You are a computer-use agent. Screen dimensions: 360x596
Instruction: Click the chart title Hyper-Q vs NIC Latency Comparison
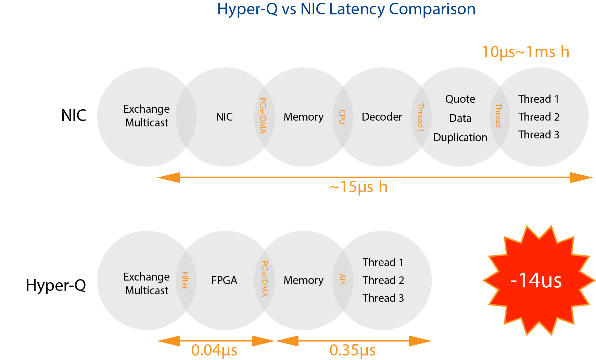tap(346, 9)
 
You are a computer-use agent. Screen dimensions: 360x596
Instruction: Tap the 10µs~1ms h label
tap(525, 52)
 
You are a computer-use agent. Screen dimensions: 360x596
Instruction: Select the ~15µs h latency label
tap(358, 187)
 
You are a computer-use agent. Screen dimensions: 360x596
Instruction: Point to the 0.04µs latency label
tap(214, 350)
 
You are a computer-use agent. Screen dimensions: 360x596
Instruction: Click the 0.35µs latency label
tap(353, 350)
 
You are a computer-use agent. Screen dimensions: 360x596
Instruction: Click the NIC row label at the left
tap(74, 115)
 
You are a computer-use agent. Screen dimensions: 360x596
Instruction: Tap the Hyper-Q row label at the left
tap(56, 285)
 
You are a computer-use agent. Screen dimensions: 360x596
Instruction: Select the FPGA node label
tap(224, 280)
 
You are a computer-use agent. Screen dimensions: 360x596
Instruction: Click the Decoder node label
tap(382, 117)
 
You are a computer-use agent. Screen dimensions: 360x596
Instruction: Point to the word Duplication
tap(460, 137)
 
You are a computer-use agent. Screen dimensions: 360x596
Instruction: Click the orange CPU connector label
tap(342, 117)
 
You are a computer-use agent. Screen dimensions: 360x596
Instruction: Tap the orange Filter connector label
tap(185, 280)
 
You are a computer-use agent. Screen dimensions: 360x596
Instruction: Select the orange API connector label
tap(342, 279)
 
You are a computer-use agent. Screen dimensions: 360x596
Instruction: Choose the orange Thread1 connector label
tap(420, 117)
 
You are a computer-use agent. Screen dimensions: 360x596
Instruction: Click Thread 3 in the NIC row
tap(538, 135)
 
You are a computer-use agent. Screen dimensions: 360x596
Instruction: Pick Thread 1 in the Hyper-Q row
tap(383, 262)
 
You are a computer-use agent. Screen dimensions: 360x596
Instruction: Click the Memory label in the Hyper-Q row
tap(303, 280)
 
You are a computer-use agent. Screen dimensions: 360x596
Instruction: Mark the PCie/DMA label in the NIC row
tap(263, 115)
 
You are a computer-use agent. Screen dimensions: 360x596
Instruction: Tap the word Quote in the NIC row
tap(460, 99)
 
